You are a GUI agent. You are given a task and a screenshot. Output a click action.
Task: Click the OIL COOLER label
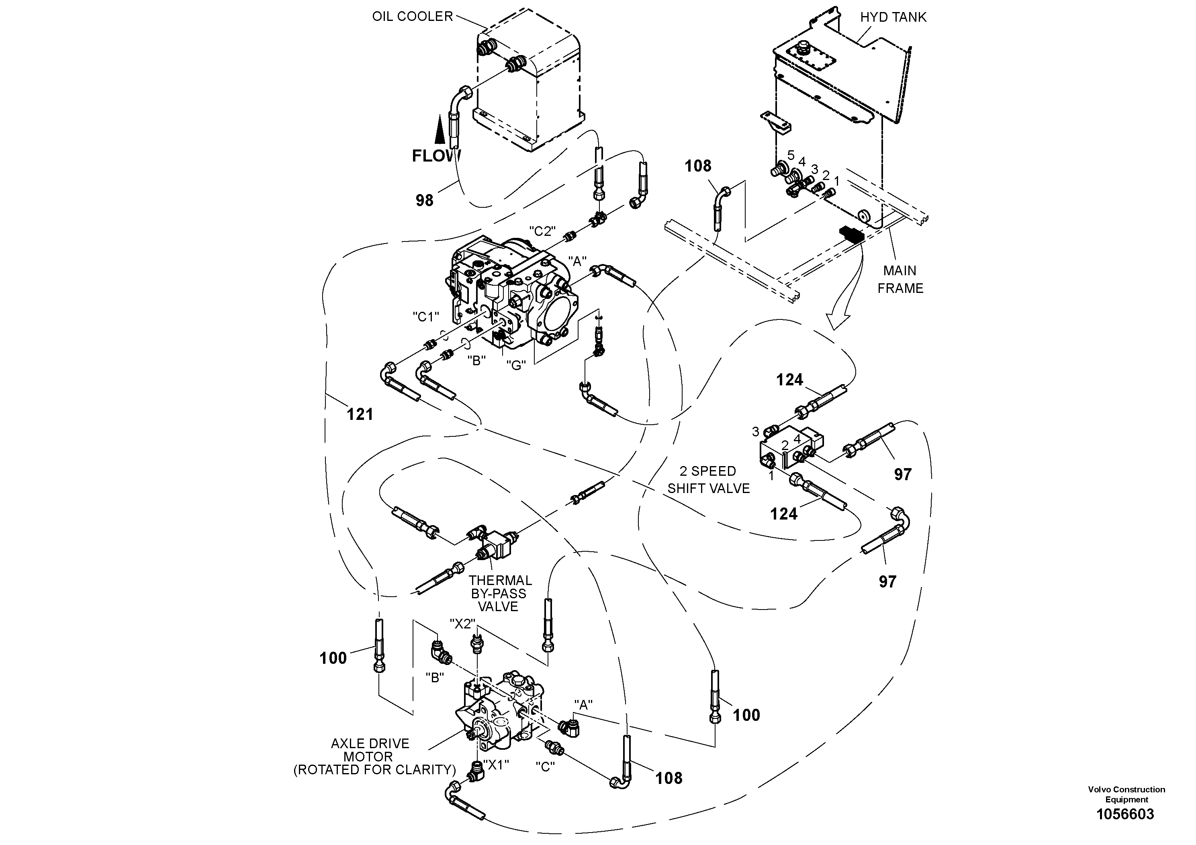click(412, 16)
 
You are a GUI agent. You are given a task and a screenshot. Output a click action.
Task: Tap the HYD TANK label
click(893, 17)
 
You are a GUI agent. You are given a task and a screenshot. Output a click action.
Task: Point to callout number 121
click(360, 415)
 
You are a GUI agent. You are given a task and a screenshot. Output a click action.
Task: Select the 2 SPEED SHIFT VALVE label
click(708, 480)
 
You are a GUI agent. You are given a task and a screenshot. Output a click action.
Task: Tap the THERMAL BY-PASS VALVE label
click(499, 594)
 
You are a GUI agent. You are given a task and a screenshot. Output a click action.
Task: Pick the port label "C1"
click(425, 317)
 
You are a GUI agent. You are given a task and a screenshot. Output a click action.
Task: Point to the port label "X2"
click(462, 624)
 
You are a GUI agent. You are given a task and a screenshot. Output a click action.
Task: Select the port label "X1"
click(495, 764)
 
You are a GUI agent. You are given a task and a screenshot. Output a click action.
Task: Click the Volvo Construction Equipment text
click(1126, 794)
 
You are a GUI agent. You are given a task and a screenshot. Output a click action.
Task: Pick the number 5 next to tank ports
click(791, 155)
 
